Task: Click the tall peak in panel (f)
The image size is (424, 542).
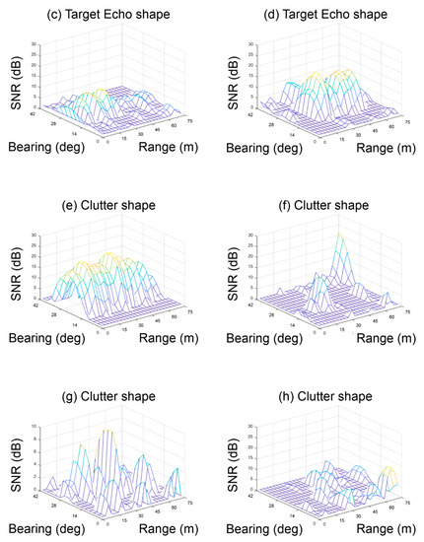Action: pos(339,237)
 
